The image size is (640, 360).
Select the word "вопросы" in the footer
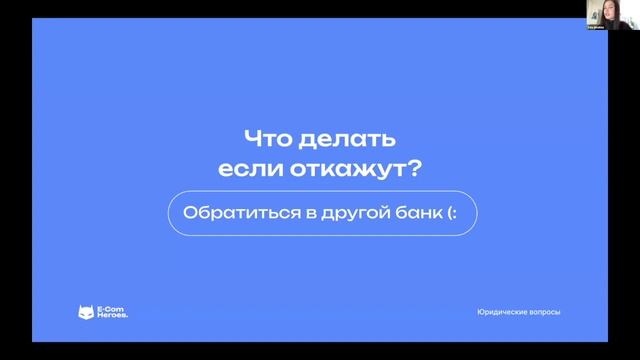(x=544, y=313)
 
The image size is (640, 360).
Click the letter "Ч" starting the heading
(x=253, y=136)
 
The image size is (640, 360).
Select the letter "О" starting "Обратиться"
(x=190, y=213)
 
